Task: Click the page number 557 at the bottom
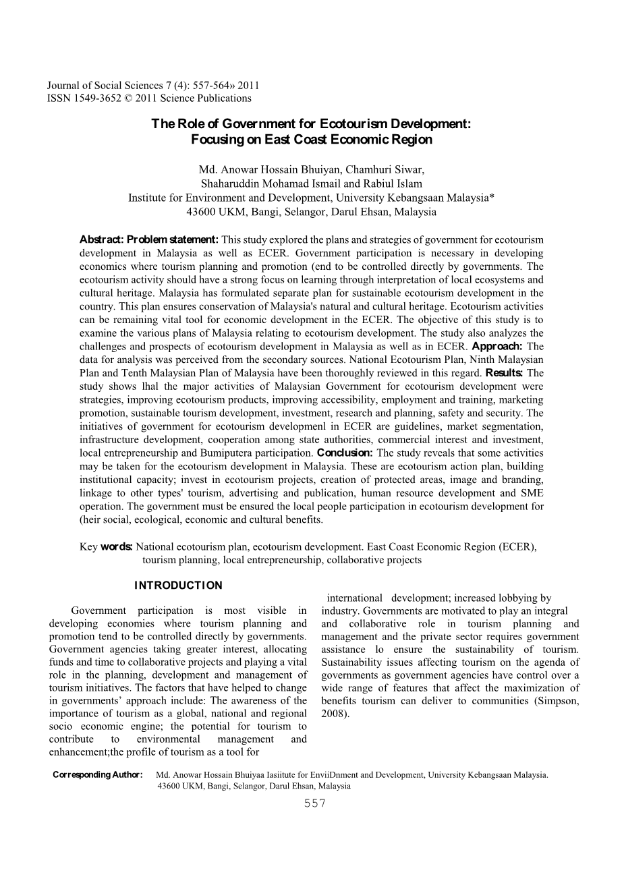(315, 803)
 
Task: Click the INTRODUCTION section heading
(178, 585)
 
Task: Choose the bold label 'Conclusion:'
(345, 453)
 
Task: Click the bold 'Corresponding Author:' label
(98, 774)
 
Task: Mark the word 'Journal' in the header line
(64, 86)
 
